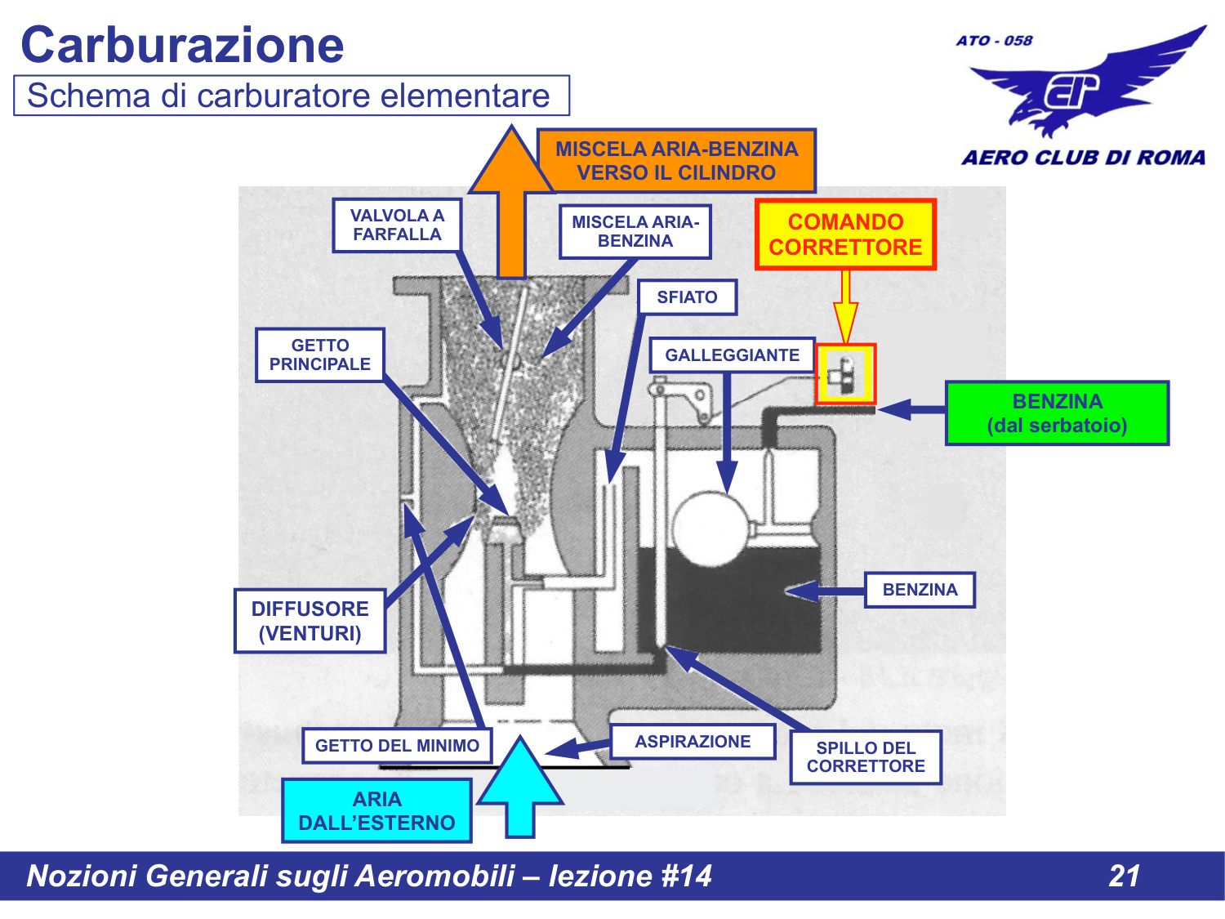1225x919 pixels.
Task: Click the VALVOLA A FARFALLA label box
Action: pyautogui.click(x=397, y=225)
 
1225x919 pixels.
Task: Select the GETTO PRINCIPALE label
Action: pyautogui.click(x=319, y=355)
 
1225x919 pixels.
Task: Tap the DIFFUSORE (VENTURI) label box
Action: pyautogui.click(x=310, y=621)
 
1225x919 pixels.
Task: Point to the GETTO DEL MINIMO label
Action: pyautogui.click(x=397, y=746)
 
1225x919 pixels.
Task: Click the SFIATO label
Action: pyautogui.click(x=687, y=297)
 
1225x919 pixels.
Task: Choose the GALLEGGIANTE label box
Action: pyautogui.click(x=732, y=355)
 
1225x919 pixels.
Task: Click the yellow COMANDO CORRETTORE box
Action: pyautogui.click(x=845, y=234)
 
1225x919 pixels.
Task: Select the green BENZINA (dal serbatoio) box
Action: pyautogui.click(x=1057, y=413)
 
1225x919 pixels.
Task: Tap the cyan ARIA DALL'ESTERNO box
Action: pyautogui.click(x=376, y=810)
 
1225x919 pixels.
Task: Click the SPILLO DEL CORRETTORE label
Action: pyautogui.click(x=866, y=757)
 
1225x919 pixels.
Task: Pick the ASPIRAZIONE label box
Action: pyautogui.click(x=693, y=742)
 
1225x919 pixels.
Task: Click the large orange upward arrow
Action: pyautogui.click(x=512, y=204)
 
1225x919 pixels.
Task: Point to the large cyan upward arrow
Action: pyautogui.click(x=520, y=788)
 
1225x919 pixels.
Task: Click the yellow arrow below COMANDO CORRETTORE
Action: pyautogui.click(x=846, y=306)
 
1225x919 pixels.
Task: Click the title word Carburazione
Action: pyautogui.click(x=182, y=45)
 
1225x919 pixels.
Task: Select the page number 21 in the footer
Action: pyautogui.click(x=1125, y=876)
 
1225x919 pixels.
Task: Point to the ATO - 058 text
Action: pyautogui.click(x=994, y=40)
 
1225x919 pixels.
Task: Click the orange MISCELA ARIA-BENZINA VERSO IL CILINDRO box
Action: pyautogui.click(x=676, y=161)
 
